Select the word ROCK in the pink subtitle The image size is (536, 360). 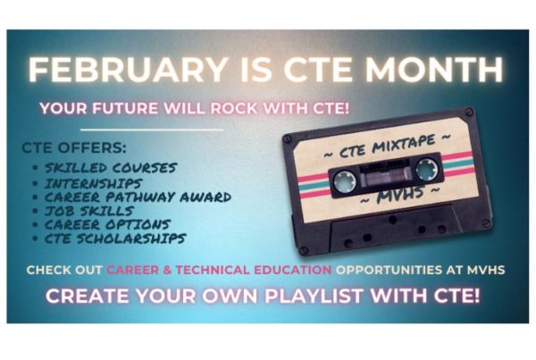click(x=233, y=109)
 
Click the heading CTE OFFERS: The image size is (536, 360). click(x=74, y=148)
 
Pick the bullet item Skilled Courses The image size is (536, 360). click(x=111, y=168)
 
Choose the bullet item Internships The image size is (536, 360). click(x=93, y=184)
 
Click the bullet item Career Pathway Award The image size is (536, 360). click(x=138, y=197)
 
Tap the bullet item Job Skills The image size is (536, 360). click(x=88, y=211)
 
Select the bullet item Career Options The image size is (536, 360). click(x=107, y=224)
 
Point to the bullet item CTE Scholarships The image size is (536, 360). click(x=115, y=239)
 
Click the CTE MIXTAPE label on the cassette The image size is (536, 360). click(x=388, y=147)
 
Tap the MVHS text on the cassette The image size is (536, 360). click(x=400, y=196)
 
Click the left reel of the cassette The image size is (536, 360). click(x=345, y=181)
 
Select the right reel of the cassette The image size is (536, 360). click(x=426, y=169)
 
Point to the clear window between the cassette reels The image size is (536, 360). click(x=386, y=175)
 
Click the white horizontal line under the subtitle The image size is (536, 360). click(x=152, y=130)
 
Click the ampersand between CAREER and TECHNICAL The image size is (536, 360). click(x=167, y=270)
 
